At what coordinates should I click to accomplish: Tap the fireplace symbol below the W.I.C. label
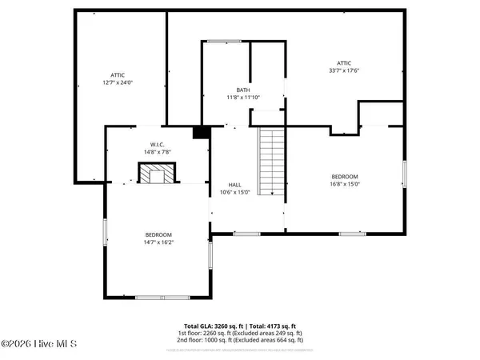click(155, 173)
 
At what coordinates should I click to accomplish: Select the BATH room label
click(243, 90)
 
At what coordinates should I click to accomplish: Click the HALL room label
click(234, 184)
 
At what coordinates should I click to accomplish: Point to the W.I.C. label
click(157, 144)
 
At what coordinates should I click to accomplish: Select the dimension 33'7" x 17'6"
click(344, 70)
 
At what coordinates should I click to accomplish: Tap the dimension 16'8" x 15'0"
click(345, 183)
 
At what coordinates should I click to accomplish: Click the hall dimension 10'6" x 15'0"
click(235, 192)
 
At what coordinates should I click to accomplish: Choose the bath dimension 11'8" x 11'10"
click(243, 98)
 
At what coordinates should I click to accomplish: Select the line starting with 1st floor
click(240, 334)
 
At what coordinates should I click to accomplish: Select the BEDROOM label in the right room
click(345, 176)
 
